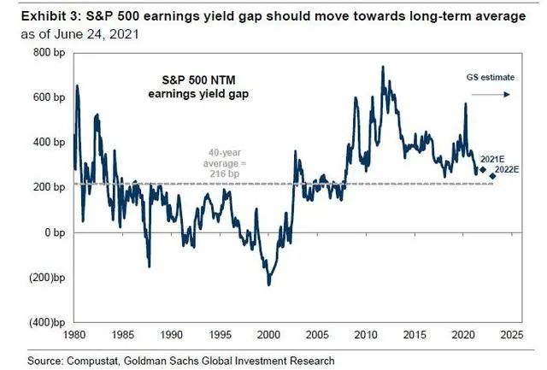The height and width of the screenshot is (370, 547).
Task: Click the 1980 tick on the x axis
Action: (74, 334)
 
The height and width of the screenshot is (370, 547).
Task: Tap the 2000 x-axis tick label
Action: (268, 334)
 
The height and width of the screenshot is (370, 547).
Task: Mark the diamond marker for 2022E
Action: (492, 176)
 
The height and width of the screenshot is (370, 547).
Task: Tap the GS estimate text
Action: (491, 77)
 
